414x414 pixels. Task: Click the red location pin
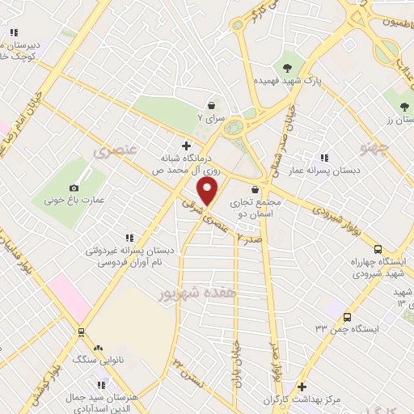point(209,192)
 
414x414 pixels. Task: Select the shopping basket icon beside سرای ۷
point(211,104)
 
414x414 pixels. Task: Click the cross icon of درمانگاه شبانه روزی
point(188,146)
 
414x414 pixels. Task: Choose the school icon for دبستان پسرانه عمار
point(324,158)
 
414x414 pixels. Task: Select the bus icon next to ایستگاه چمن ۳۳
point(347,317)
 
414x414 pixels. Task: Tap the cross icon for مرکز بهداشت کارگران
point(302,387)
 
